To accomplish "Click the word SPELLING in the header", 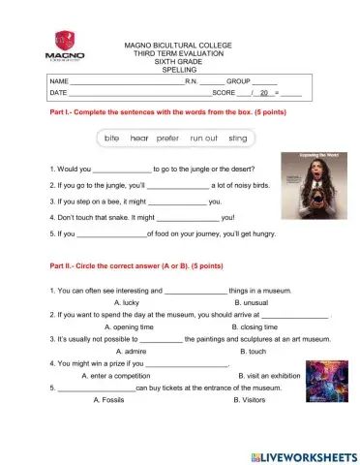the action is pyautogui.click(x=177, y=70).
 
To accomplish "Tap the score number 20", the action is pyautogui.click(x=262, y=93).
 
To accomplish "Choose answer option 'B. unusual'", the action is pyautogui.click(x=241, y=301).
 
